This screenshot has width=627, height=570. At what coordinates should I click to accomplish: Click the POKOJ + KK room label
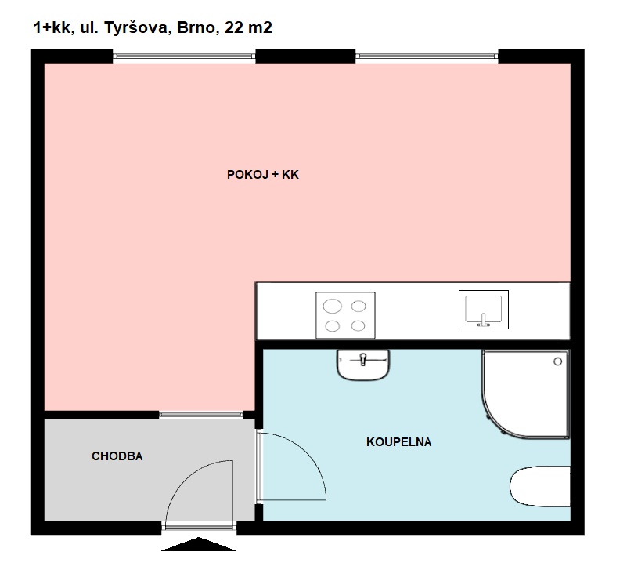point(262,176)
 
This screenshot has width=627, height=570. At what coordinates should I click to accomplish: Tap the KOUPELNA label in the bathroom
point(398,442)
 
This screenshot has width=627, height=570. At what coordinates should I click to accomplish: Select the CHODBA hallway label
point(117,456)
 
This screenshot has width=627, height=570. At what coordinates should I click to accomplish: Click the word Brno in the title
point(200,28)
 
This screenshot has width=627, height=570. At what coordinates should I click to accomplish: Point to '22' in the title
point(234,28)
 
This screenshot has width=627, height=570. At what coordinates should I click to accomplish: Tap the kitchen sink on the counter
point(483,309)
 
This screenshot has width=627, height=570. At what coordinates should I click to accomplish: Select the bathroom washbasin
point(363,365)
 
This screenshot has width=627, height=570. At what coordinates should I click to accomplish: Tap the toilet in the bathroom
point(540,487)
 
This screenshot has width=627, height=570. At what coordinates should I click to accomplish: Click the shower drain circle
point(558,361)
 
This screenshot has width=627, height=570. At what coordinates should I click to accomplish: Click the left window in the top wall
point(184,56)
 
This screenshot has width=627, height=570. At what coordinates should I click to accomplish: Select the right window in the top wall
point(427,56)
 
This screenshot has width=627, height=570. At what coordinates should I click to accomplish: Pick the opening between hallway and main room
point(201,414)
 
